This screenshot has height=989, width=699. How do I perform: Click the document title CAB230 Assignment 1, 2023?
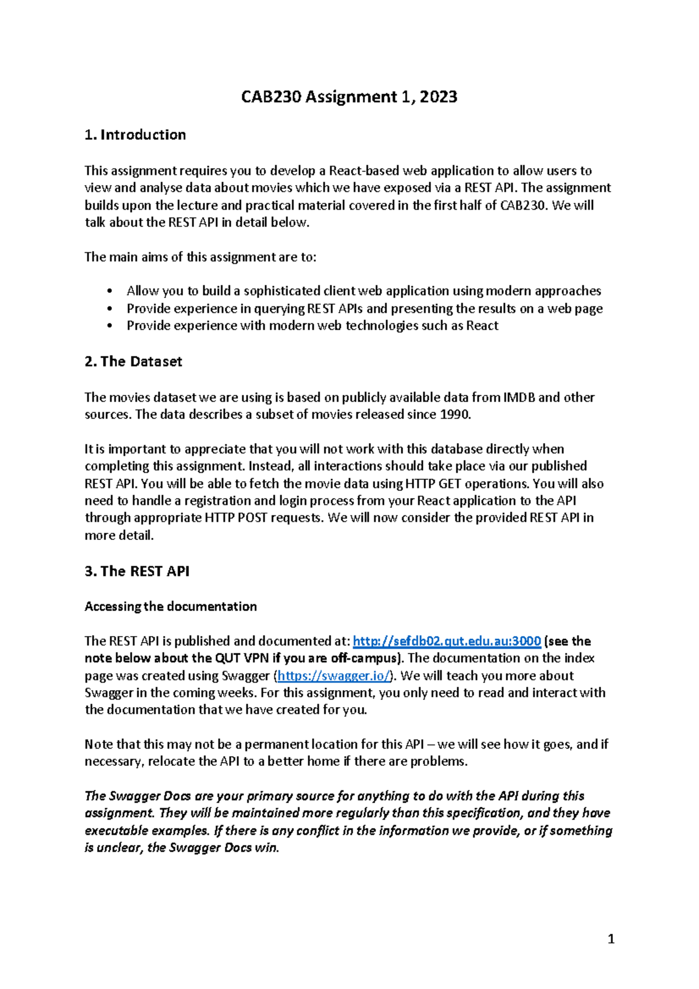(x=349, y=97)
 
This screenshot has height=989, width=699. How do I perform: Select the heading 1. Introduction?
(x=135, y=135)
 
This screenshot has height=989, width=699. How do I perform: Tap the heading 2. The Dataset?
(x=133, y=362)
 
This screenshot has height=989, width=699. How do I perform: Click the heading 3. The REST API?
(x=137, y=571)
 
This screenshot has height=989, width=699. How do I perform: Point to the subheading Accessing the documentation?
(x=171, y=606)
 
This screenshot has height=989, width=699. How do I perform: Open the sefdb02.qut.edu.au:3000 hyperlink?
(x=447, y=641)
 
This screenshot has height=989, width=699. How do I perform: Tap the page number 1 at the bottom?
(x=610, y=939)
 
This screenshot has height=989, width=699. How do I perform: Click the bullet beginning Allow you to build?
(x=363, y=291)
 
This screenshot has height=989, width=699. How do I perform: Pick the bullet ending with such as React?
(x=312, y=326)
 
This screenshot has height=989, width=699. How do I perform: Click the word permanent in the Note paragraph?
(x=276, y=744)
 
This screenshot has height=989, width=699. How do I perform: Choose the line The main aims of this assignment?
(x=200, y=257)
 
